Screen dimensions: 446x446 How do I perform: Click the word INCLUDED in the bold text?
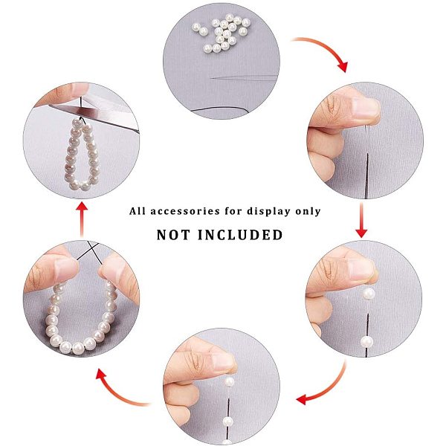240,235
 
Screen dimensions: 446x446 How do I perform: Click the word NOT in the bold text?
173,235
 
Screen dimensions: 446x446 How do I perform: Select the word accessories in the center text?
185,211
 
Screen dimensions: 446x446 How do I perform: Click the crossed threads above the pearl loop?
91,249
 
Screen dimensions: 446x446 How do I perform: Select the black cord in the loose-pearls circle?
221,109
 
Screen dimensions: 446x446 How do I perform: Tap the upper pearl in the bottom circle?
229,382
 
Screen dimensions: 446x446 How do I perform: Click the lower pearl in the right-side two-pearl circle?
366,341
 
